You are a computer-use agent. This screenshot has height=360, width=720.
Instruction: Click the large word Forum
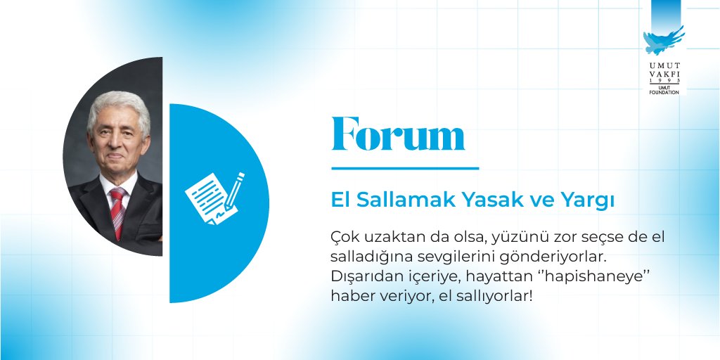point(398,134)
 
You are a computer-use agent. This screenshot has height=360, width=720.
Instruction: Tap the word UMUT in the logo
point(663,65)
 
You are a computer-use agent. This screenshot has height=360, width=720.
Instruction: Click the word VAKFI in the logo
point(663,75)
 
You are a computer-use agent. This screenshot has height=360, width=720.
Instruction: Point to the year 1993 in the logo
point(663,82)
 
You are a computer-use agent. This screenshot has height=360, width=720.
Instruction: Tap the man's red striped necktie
point(117,212)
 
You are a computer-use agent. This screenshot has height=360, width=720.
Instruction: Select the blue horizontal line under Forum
point(404,169)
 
